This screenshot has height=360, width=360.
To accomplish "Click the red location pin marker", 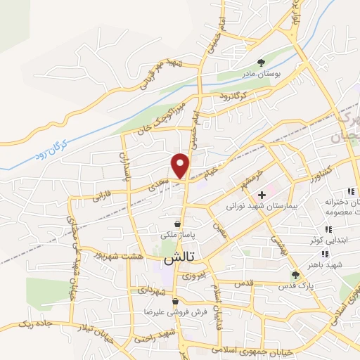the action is [181, 166].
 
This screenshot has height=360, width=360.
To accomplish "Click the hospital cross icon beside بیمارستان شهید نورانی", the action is [262, 194].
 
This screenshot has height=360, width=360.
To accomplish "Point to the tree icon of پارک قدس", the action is [295, 275].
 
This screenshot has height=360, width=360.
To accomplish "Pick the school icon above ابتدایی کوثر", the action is [328, 229].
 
